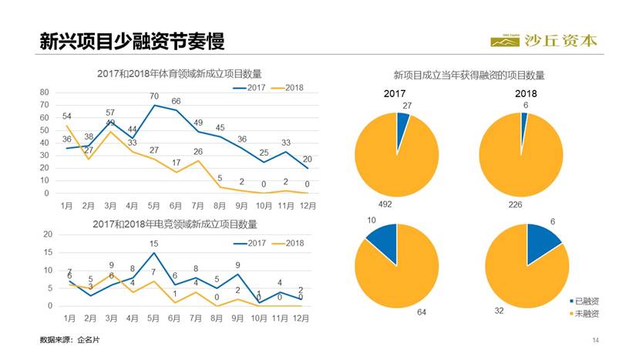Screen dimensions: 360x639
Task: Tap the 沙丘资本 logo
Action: point(543,40)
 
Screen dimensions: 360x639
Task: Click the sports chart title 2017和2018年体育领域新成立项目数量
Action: point(180,74)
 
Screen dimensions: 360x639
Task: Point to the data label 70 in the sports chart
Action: point(154,96)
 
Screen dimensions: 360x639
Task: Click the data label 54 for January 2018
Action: point(67,116)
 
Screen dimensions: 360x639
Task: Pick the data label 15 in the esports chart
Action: point(154,244)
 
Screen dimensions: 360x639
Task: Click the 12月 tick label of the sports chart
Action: point(307,207)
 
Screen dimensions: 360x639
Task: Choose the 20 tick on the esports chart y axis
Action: point(47,234)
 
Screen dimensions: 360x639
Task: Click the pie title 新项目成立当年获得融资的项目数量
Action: point(469,76)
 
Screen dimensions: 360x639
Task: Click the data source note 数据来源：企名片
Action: point(70,339)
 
